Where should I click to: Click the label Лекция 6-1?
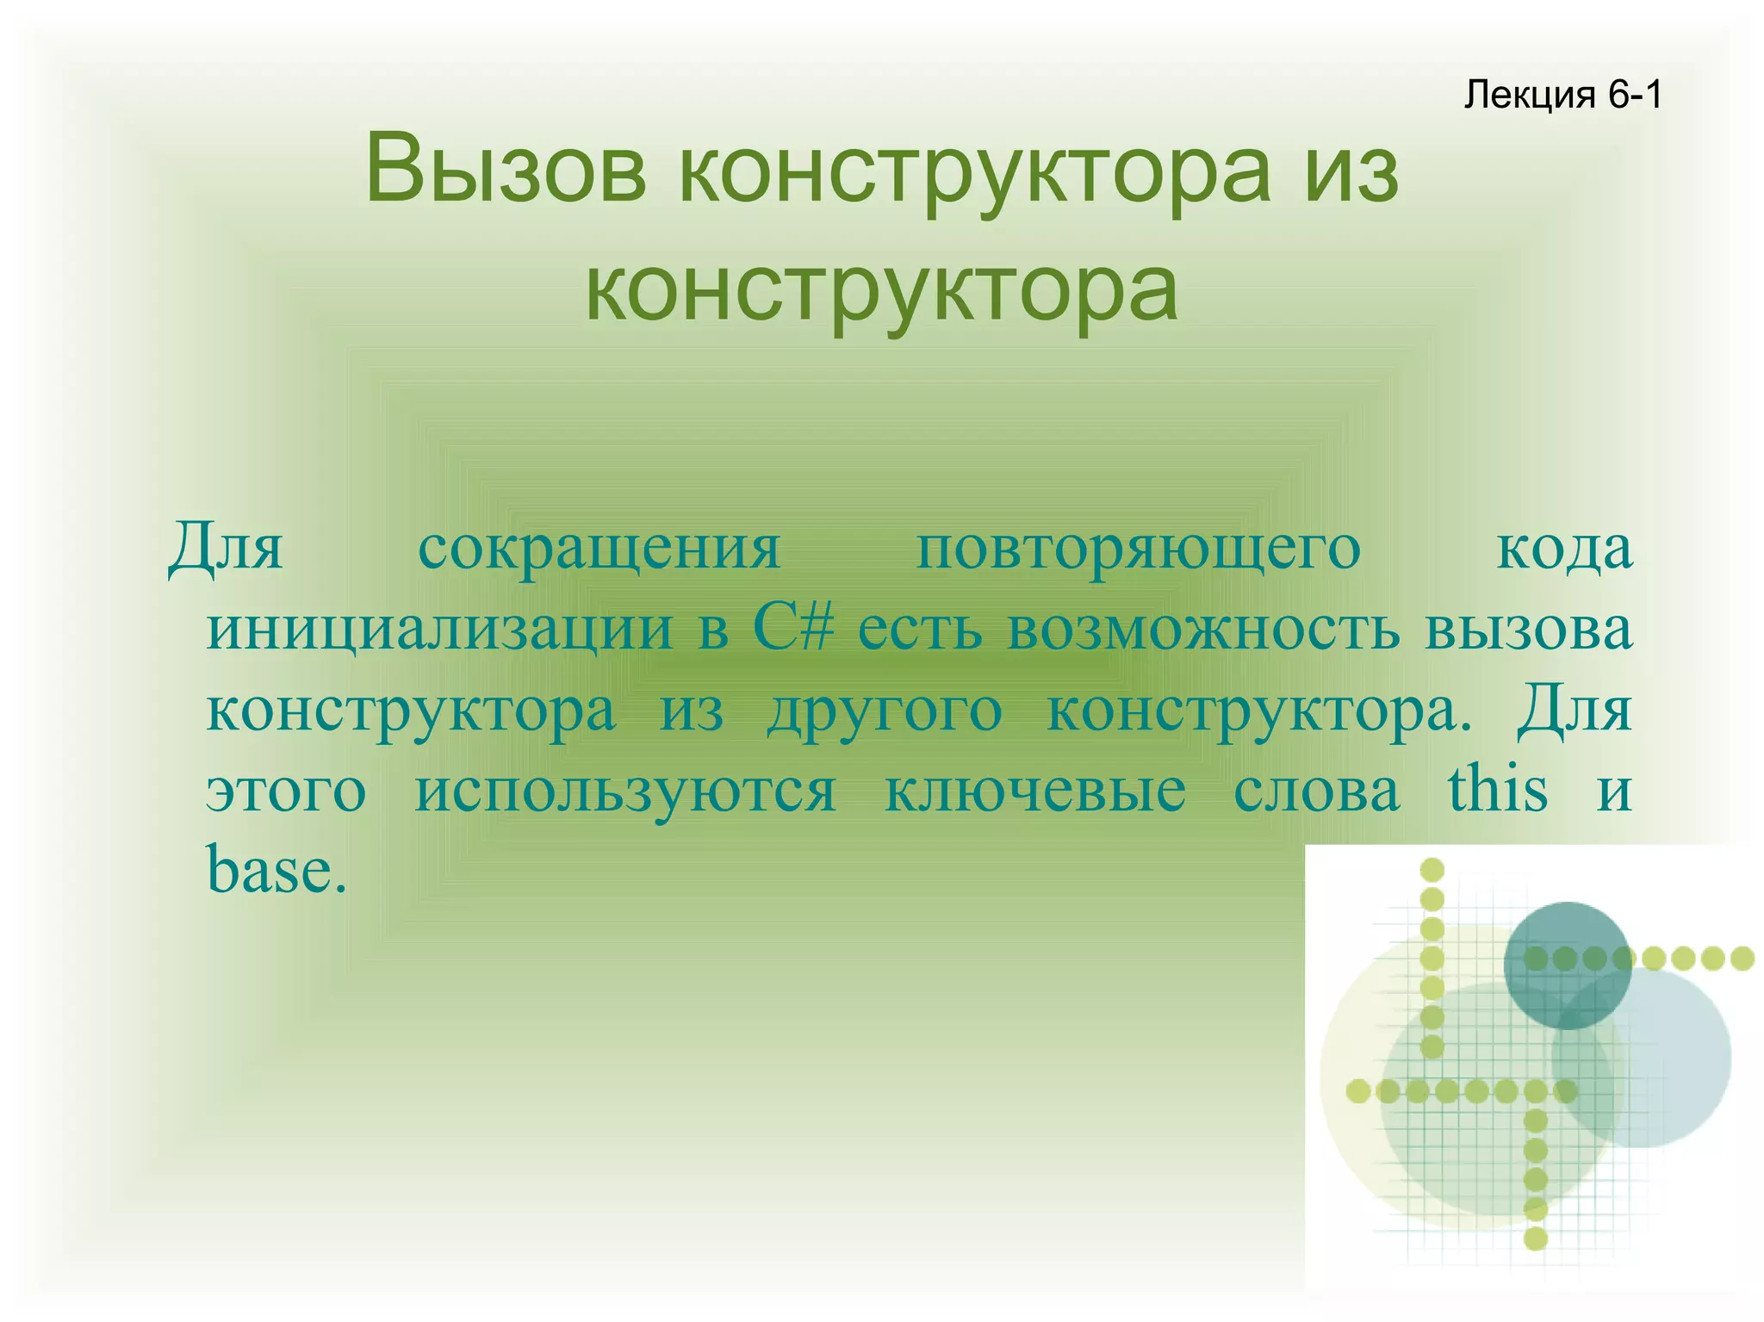click(1562, 95)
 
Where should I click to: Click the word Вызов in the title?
click(505, 170)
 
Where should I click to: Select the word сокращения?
click(599, 549)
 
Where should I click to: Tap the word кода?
click(1564, 549)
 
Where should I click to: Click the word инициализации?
click(439, 630)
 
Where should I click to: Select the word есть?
click(920, 630)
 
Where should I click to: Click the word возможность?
click(1203, 630)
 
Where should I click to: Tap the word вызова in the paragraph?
click(1528, 630)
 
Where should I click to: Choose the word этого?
click(287, 791)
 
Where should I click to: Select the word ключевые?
click(1035, 791)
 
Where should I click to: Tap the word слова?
click(1317, 791)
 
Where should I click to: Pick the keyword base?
click(276, 870)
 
